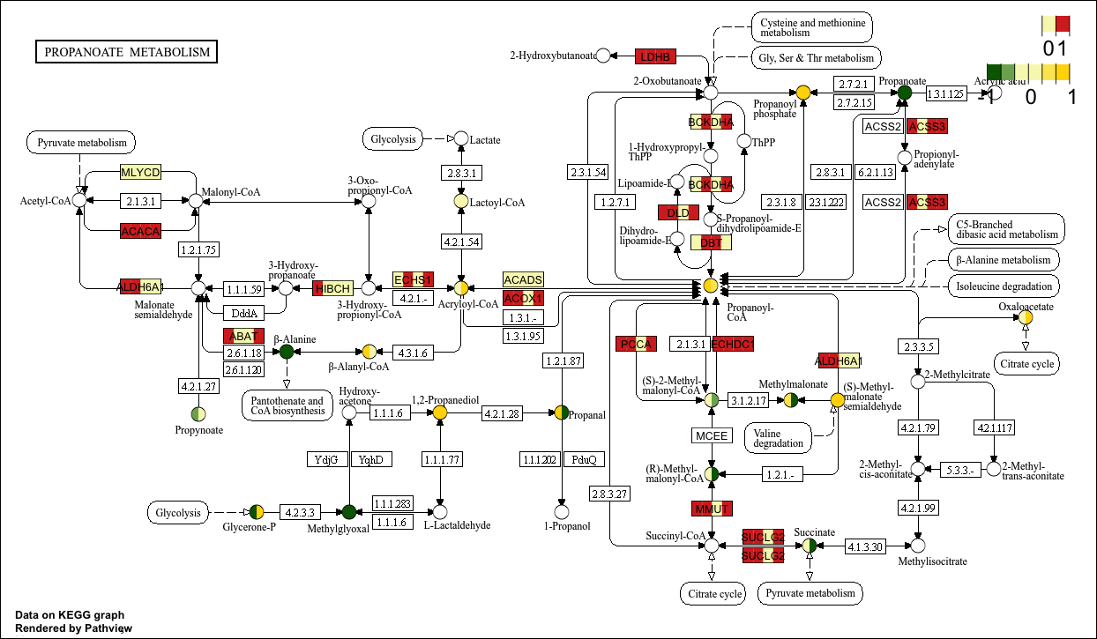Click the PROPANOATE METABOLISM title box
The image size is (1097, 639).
click(x=127, y=52)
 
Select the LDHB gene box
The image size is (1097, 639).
click(x=655, y=56)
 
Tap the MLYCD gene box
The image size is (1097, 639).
click(x=140, y=172)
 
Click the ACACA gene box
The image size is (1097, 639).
click(x=140, y=231)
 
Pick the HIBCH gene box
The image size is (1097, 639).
click(x=332, y=288)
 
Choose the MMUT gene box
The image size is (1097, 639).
click(x=711, y=509)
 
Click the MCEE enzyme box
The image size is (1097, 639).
click(x=711, y=435)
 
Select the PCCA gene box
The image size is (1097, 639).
click(x=637, y=344)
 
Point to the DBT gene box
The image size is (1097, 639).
click(x=711, y=242)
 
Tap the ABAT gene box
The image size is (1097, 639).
click(x=243, y=336)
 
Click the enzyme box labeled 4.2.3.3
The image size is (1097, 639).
click(x=300, y=511)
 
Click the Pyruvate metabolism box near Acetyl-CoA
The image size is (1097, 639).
click(x=82, y=143)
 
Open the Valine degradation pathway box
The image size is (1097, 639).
click(x=779, y=437)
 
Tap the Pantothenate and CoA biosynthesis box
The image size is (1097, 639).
click(x=285, y=406)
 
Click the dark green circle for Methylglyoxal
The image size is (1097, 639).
click(x=349, y=511)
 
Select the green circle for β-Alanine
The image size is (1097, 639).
click(x=286, y=352)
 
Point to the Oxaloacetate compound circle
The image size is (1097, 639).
click(x=1026, y=318)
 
